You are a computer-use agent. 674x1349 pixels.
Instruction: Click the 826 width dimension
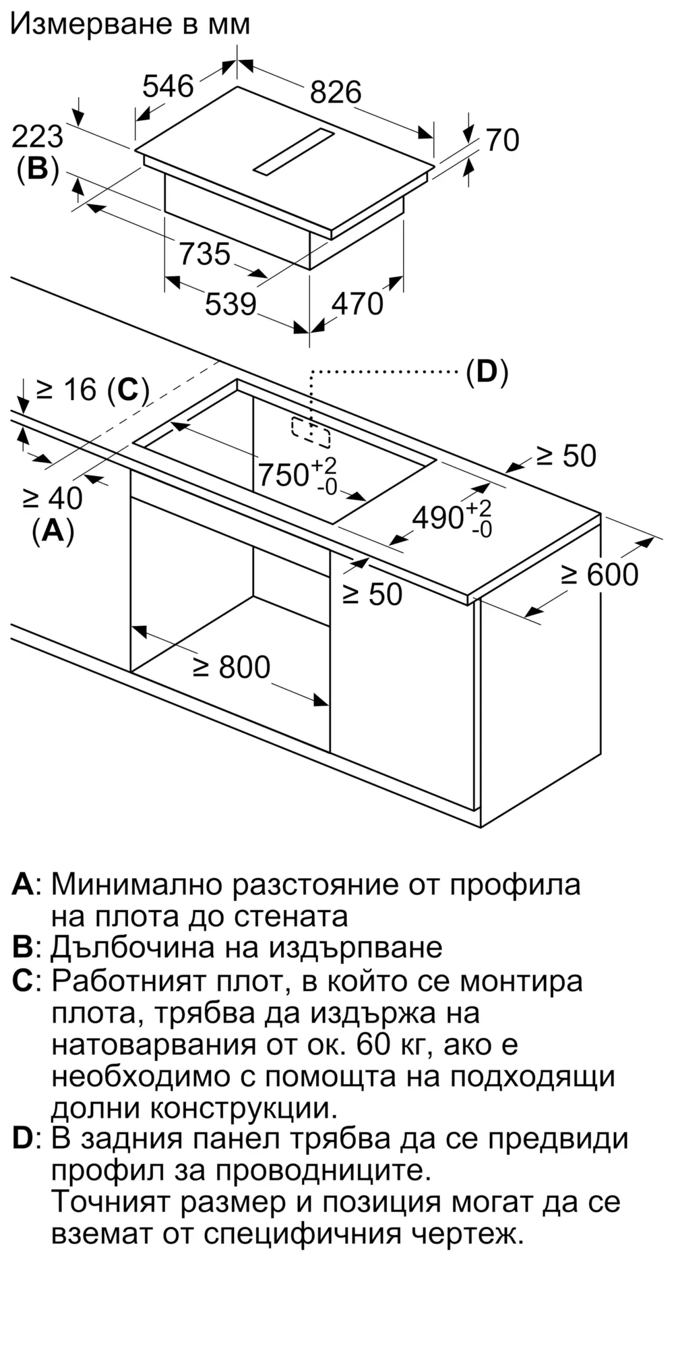coord(336,92)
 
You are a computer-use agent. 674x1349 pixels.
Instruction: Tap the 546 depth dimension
coord(168,86)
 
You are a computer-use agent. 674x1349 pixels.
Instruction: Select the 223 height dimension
coord(38,137)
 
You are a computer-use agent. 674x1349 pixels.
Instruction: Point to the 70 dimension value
coord(503,140)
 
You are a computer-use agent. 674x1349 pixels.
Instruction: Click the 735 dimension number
coord(205,254)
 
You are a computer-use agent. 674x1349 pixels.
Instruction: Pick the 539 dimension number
coord(231,304)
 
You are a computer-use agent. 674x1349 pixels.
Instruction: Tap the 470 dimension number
coord(357,304)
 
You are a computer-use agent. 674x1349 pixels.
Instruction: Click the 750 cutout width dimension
coord(284,475)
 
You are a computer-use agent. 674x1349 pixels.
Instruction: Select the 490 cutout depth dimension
coord(438,517)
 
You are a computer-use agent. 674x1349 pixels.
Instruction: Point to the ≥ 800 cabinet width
coord(231,667)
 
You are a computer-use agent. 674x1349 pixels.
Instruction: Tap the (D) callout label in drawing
coord(487,372)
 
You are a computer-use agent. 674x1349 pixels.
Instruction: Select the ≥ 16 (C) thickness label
coord(92,389)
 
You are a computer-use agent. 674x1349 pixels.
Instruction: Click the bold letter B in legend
coord(22,948)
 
